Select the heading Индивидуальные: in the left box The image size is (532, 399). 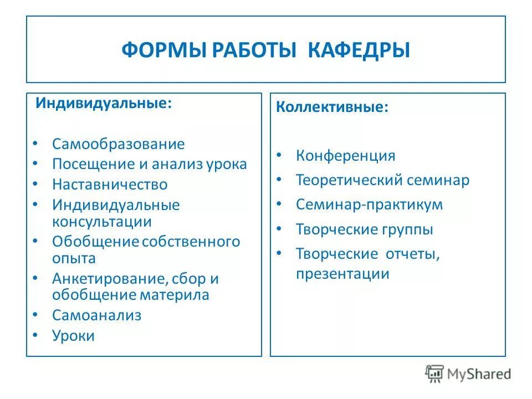click(x=104, y=104)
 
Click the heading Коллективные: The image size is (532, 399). click(x=332, y=108)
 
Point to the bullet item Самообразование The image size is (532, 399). click(x=119, y=144)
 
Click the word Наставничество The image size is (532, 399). click(x=110, y=184)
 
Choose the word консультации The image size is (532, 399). click(x=102, y=222)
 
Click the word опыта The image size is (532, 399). click(x=74, y=258)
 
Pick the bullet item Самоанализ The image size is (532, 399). click(x=97, y=315)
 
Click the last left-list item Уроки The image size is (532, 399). click(x=74, y=335)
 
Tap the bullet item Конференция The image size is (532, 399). click(x=346, y=155)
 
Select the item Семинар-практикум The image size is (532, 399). click(x=369, y=204)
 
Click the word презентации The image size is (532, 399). click(x=342, y=274)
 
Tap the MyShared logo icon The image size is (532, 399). click(x=434, y=374)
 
